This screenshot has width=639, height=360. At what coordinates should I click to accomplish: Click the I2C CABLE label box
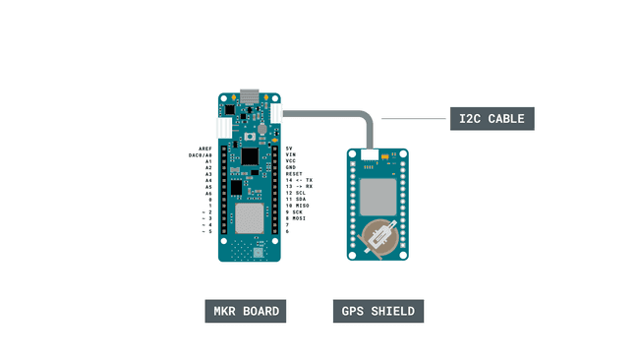(492, 118)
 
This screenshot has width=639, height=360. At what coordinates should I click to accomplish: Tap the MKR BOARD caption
(246, 312)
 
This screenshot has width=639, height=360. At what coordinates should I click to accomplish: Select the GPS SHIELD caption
(378, 312)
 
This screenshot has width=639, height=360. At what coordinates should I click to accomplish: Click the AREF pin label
(205, 148)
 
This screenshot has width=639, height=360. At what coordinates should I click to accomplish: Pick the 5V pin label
(289, 148)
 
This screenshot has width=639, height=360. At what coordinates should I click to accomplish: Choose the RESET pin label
(294, 174)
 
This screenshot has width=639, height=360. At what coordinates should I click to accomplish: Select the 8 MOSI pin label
(297, 218)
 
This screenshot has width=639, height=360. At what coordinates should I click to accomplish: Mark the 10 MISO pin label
(298, 205)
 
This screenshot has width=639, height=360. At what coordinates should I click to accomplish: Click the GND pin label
(290, 167)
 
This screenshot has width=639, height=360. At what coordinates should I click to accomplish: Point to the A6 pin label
(208, 193)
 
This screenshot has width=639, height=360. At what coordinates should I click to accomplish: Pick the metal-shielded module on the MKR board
(250, 215)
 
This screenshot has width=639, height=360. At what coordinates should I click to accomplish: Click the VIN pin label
(290, 154)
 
